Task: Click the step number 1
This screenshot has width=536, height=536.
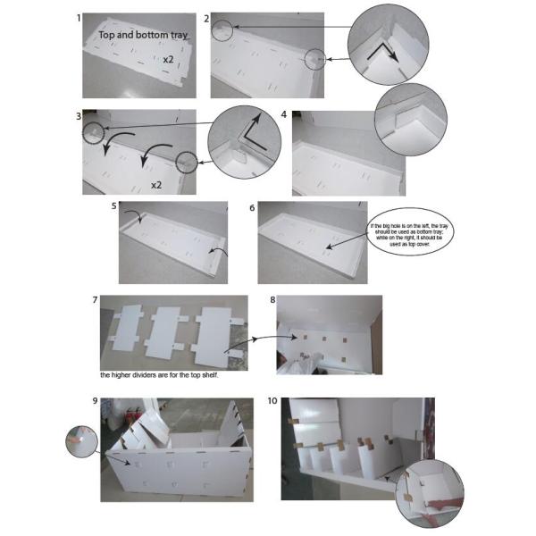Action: click(x=80, y=18)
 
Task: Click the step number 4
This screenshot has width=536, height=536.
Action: click(x=283, y=115)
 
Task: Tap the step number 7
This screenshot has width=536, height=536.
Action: click(x=95, y=300)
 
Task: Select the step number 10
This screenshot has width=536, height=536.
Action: click(x=272, y=401)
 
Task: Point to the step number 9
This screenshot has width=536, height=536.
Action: click(x=94, y=401)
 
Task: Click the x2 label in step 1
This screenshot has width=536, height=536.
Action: click(x=168, y=59)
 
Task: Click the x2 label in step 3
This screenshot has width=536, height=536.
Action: click(x=155, y=185)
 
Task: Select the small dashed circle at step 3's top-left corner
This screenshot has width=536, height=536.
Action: click(x=93, y=131)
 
